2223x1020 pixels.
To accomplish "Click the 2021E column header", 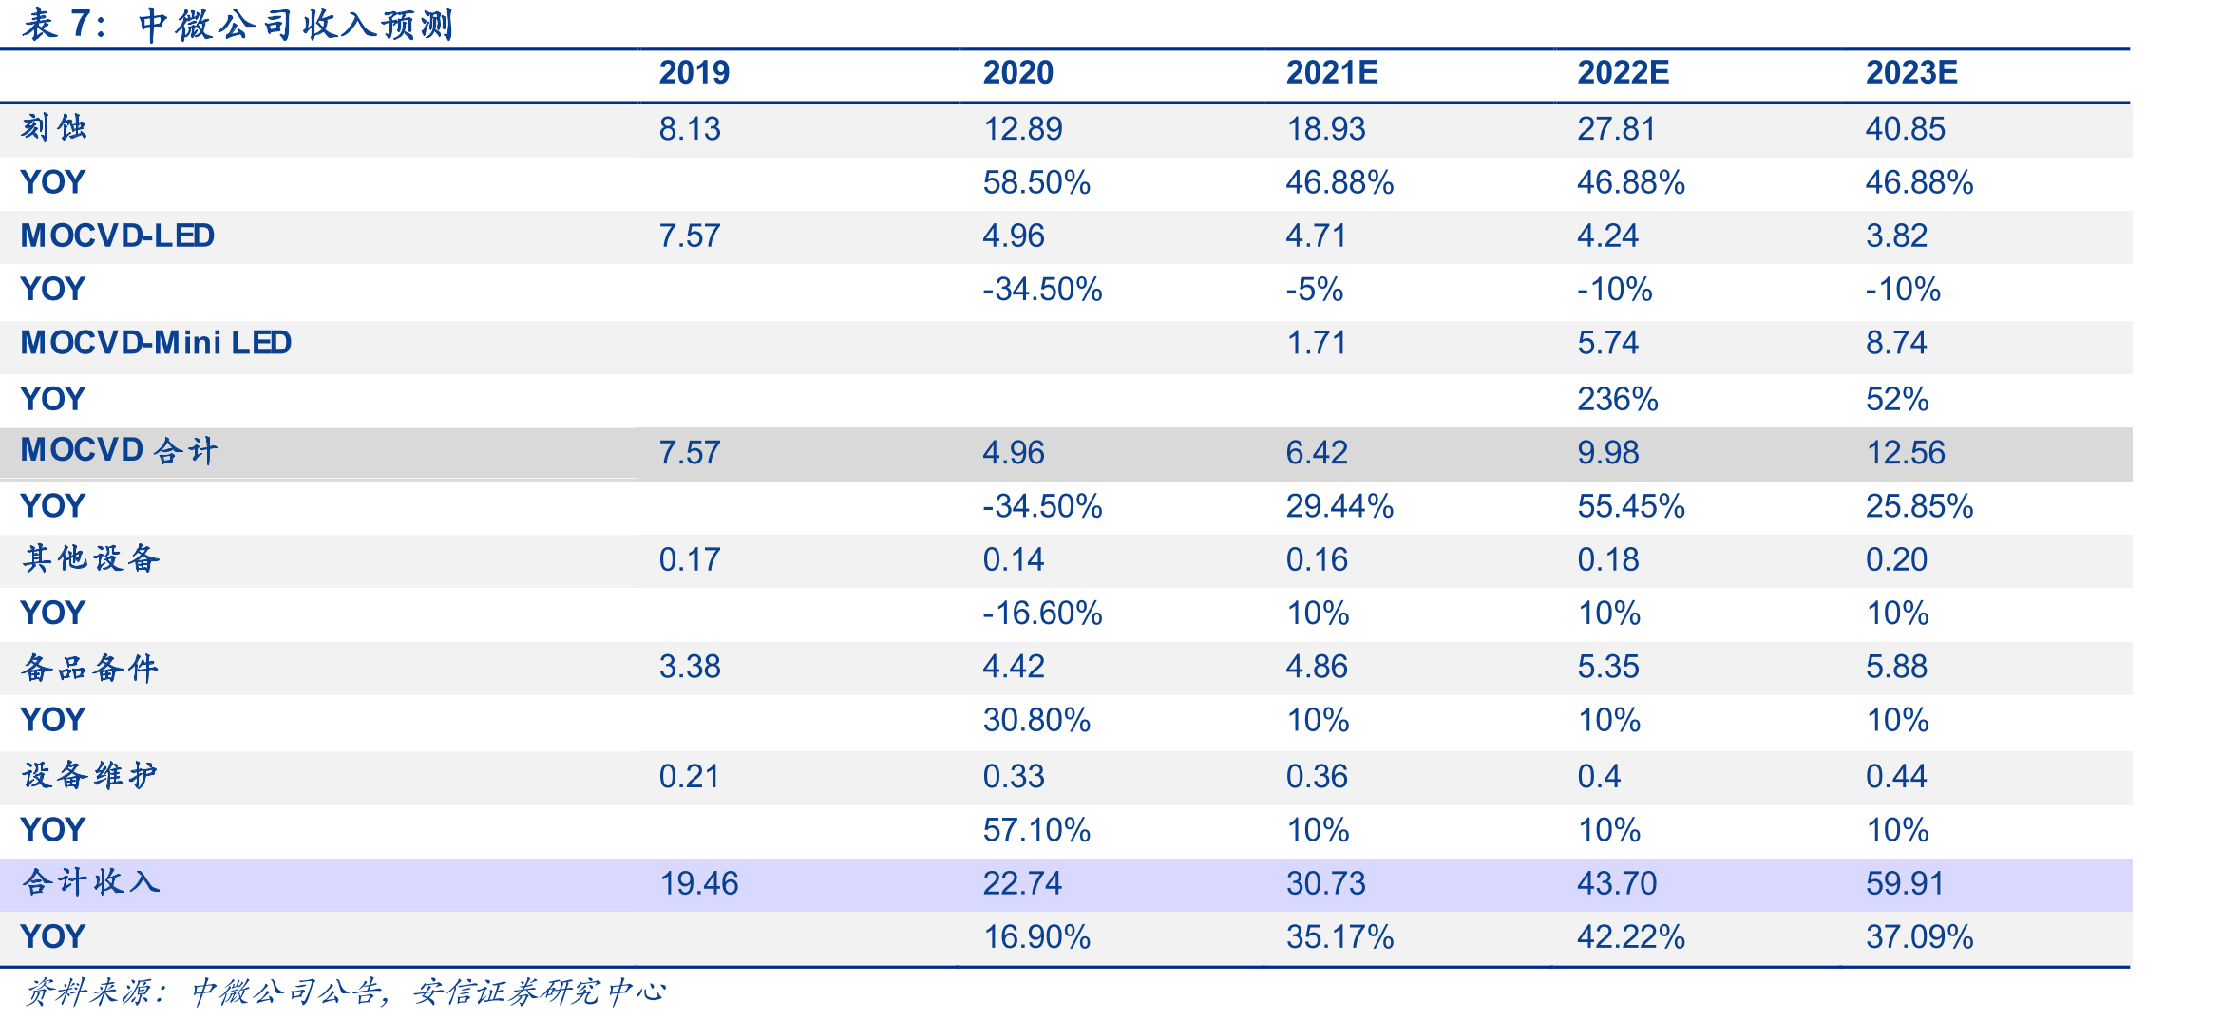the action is click(1331, 72).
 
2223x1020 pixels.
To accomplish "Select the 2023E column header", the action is click(1910, 72).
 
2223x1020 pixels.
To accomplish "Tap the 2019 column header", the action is click(693, 72).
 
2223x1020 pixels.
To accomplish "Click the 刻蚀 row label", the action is click(54, 127).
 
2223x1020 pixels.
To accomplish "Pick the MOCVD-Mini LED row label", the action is click(156, 343).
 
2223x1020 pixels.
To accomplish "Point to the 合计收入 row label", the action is click(91, 882).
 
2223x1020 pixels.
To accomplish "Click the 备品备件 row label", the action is click(90, 667).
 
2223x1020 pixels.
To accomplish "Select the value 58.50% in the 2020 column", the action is click(1036, 182).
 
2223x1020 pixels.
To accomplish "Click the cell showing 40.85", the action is click(1905, 128).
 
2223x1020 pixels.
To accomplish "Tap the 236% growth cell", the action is click(1617, 399).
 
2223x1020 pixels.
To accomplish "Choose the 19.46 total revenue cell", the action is click(698, 883).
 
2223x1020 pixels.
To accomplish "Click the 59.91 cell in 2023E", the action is click(1905, 883).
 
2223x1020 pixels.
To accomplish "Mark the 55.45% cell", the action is click(1631, 506).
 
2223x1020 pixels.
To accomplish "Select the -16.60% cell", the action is click(1042, 614).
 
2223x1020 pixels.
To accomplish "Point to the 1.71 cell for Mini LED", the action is click(1316, 343).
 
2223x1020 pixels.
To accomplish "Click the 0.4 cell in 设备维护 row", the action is click(1599, 777).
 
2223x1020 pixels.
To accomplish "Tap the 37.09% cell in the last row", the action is click(1919, 937).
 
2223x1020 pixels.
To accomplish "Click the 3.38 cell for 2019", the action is click(690, 667).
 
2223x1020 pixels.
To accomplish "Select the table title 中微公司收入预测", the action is click(295, 25).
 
